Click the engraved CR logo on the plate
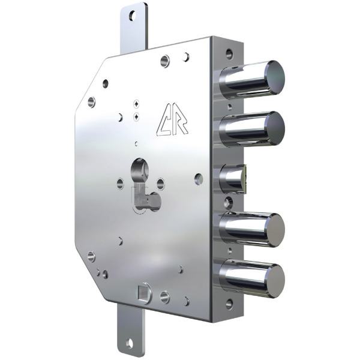tap(172, 119)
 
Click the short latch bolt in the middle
tap(232, 179)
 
